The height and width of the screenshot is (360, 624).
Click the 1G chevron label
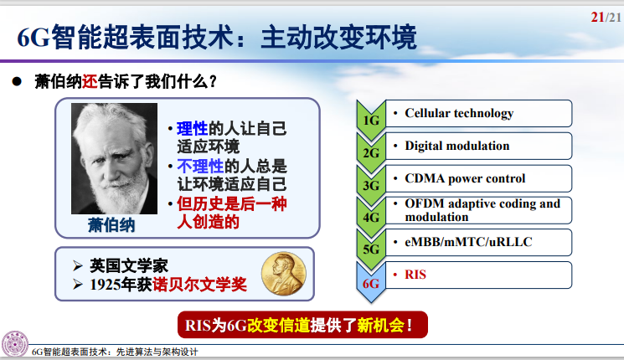[371, 120]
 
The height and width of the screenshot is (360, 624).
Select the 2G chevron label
[371, 152]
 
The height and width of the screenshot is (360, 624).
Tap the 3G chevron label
[371, 185]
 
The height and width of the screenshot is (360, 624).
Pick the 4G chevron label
[371, 218]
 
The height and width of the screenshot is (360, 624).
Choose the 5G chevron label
[371, 250]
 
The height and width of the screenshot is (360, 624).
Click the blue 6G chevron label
[371, 283]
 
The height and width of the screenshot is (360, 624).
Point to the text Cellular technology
[459, 113]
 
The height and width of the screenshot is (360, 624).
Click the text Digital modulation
[456, 146]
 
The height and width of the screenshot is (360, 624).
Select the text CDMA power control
[465, 178]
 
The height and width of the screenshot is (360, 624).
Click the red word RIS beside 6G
[415, 275]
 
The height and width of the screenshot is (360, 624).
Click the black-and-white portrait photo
[114, 160]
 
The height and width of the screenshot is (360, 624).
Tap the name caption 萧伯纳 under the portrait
[111, 227]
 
